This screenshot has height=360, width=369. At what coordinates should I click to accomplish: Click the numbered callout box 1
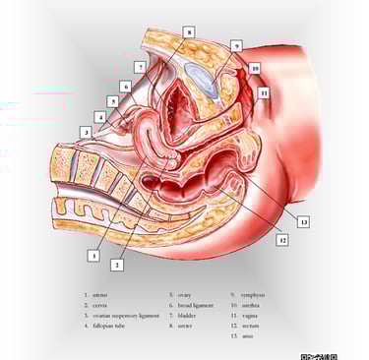pos(93,254)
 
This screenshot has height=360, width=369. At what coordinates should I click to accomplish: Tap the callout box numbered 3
pos(87,130)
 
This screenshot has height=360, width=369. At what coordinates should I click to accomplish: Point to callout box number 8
pos(189,32)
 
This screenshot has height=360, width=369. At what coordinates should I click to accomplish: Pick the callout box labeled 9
pos(236,45)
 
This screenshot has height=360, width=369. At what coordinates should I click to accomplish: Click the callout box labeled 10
pos(254,69)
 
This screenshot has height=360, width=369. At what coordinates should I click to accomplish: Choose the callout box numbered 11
pos(263,93)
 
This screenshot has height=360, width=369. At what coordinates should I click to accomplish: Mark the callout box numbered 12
pos(282,237)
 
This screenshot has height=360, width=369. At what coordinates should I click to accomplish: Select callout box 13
pos(303,221)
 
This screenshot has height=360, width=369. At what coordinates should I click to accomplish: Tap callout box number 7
pos(142,67)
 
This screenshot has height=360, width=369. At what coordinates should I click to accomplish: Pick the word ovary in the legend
pos(184,294)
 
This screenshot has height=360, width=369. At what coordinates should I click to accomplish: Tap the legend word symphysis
pos(253,294)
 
